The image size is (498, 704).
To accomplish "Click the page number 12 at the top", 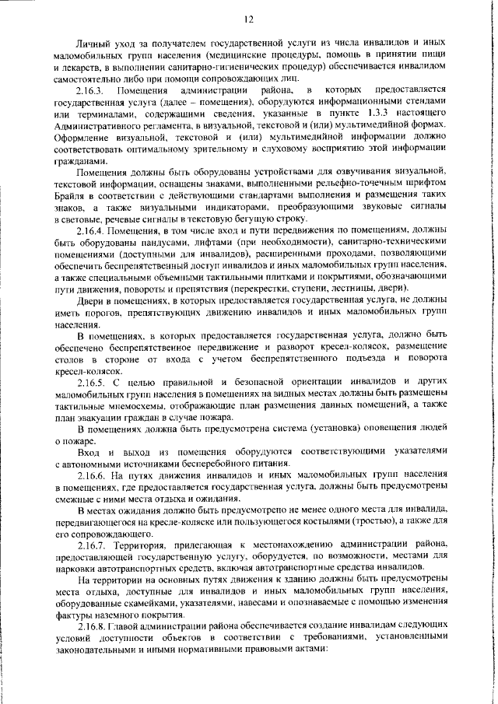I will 249,19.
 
